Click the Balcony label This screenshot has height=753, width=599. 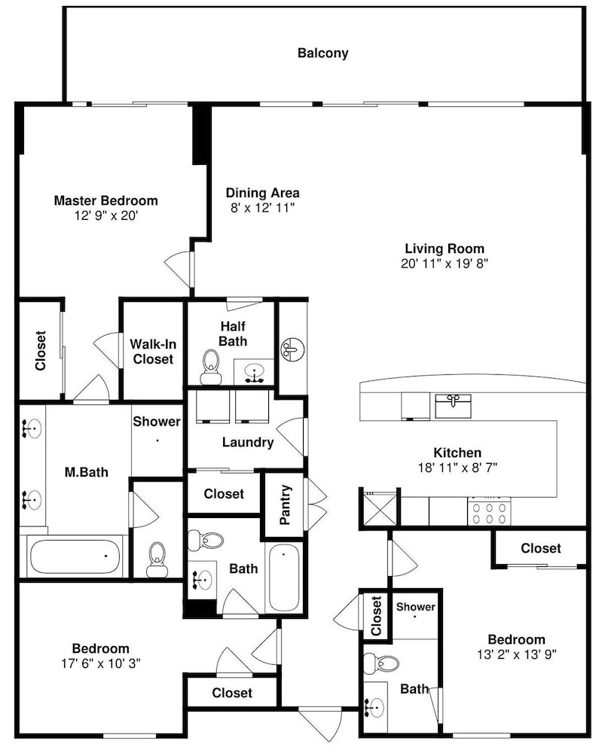(322, 53)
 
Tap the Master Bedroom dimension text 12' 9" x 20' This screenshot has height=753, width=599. (106, 215)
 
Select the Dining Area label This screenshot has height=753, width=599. (263, 193)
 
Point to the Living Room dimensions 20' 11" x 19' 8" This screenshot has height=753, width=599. (445, 263)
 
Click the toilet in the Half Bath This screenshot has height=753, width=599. (210, 367)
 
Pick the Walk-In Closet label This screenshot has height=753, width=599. (153, 352)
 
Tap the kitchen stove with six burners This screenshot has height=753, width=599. (489, 512)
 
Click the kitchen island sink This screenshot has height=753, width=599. (453, 406)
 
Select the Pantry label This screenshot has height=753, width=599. (285, 505)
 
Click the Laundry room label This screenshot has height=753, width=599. (248, 442)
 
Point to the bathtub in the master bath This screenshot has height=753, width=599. (75, 556)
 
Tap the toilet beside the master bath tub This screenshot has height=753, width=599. (157, 560)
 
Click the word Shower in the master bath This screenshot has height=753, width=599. (157, 422)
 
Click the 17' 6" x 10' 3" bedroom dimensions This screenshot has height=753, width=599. (101, 663)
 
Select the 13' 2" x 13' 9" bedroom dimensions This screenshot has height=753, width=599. (516, 654)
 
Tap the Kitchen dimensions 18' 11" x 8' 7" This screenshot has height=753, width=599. (457, 468)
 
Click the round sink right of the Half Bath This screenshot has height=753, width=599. (292, 350)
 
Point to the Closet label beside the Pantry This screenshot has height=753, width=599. (224, 494)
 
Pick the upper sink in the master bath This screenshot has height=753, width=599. (32, 428)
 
